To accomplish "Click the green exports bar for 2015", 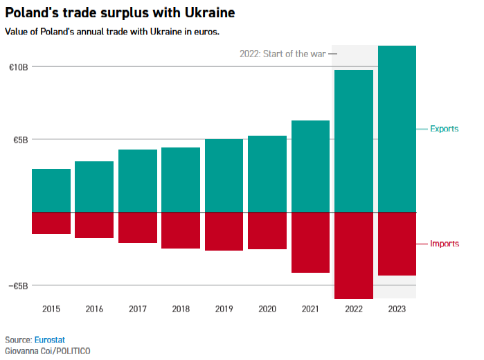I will [x=51, y=190].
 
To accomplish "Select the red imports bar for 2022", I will [x=354, y=255].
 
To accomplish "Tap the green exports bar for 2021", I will [x=310, y=166].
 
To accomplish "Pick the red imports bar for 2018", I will [x=181, y=230].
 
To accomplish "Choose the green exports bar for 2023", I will [x=397, y=129].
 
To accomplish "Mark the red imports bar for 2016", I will [x=94, y=225].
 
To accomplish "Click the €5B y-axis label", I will [x=21, y=140].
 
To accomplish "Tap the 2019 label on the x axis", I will [x=224, y=309].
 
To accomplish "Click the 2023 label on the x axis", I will [x=397, y=309].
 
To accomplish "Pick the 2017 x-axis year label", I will [x=138, y=309].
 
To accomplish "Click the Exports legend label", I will [x=445, y=129].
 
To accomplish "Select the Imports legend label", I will [x=445, y=244].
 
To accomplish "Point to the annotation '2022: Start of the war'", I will [x=283, y=54].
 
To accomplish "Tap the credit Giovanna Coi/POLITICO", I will [x=47, y=350].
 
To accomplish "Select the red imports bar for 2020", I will [x=267, y=231].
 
